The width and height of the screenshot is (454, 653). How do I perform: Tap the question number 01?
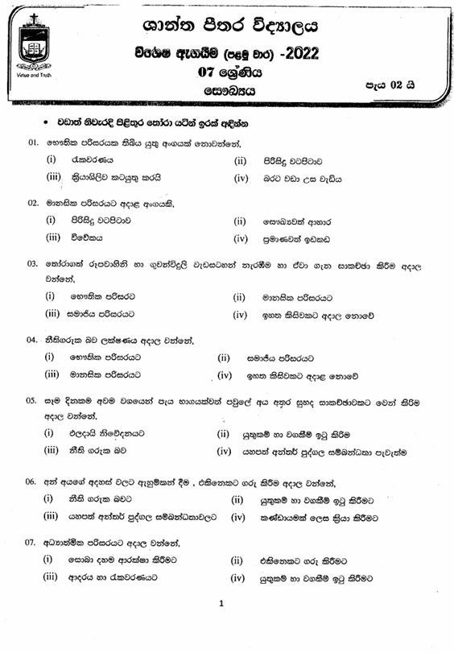(x=33, y=143)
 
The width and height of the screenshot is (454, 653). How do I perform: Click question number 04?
(x=33, y=339)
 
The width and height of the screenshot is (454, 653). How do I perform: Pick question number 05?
(x=33, y=400)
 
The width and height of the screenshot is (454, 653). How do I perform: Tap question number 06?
(x=33, y=481)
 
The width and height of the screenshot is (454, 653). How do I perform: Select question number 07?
(x=33, y=541)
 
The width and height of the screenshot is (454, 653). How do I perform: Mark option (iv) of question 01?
(x=240, y=177)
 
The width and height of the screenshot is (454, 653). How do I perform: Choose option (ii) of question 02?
(x=239, y=220)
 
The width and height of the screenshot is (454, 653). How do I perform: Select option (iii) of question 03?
(x=52, y=314)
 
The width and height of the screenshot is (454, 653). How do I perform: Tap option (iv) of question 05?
(x=225, y=450)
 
